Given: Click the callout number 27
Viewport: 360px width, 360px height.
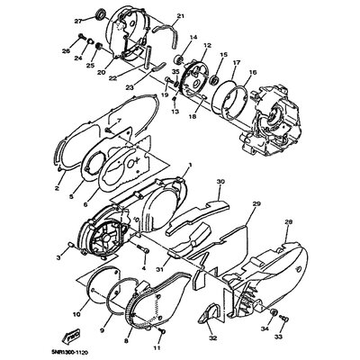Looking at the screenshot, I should click(79, 21).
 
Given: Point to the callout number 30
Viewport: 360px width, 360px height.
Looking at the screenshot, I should click(220, 181).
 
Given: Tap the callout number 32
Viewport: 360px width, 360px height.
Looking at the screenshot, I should click(213, 340).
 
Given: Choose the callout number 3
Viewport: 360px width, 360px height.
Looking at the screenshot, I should click(58, 257).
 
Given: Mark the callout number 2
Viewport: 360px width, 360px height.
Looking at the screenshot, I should click(56, 190).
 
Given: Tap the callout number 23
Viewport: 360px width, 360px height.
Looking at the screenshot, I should click(129, 86).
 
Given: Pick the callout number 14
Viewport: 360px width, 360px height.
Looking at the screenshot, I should click(192, 35).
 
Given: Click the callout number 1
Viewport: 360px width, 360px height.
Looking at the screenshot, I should click(165, 166).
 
